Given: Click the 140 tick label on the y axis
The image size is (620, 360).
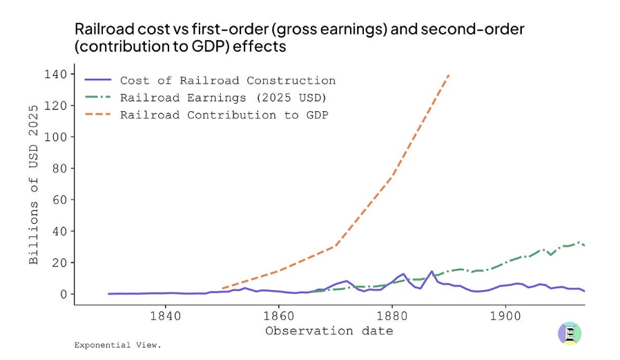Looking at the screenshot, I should coord(57,74).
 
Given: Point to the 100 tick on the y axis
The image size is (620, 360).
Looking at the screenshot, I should coord(57,137).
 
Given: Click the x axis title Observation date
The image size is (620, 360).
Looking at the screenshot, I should coord(329,331).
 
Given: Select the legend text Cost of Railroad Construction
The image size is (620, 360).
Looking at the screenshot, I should coord(228,81).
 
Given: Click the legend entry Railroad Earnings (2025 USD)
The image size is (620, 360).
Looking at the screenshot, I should coord(223,97).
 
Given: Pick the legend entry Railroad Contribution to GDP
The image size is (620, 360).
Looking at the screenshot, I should coord(224,115).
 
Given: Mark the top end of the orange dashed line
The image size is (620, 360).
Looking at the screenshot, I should coord(449,75).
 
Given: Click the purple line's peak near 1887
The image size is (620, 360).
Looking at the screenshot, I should coord(432,271).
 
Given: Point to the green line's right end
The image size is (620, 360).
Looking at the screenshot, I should coord(585,246).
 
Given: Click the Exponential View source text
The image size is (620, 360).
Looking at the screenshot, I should coord(117,344).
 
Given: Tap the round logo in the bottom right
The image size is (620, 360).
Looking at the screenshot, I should coord(570,333).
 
